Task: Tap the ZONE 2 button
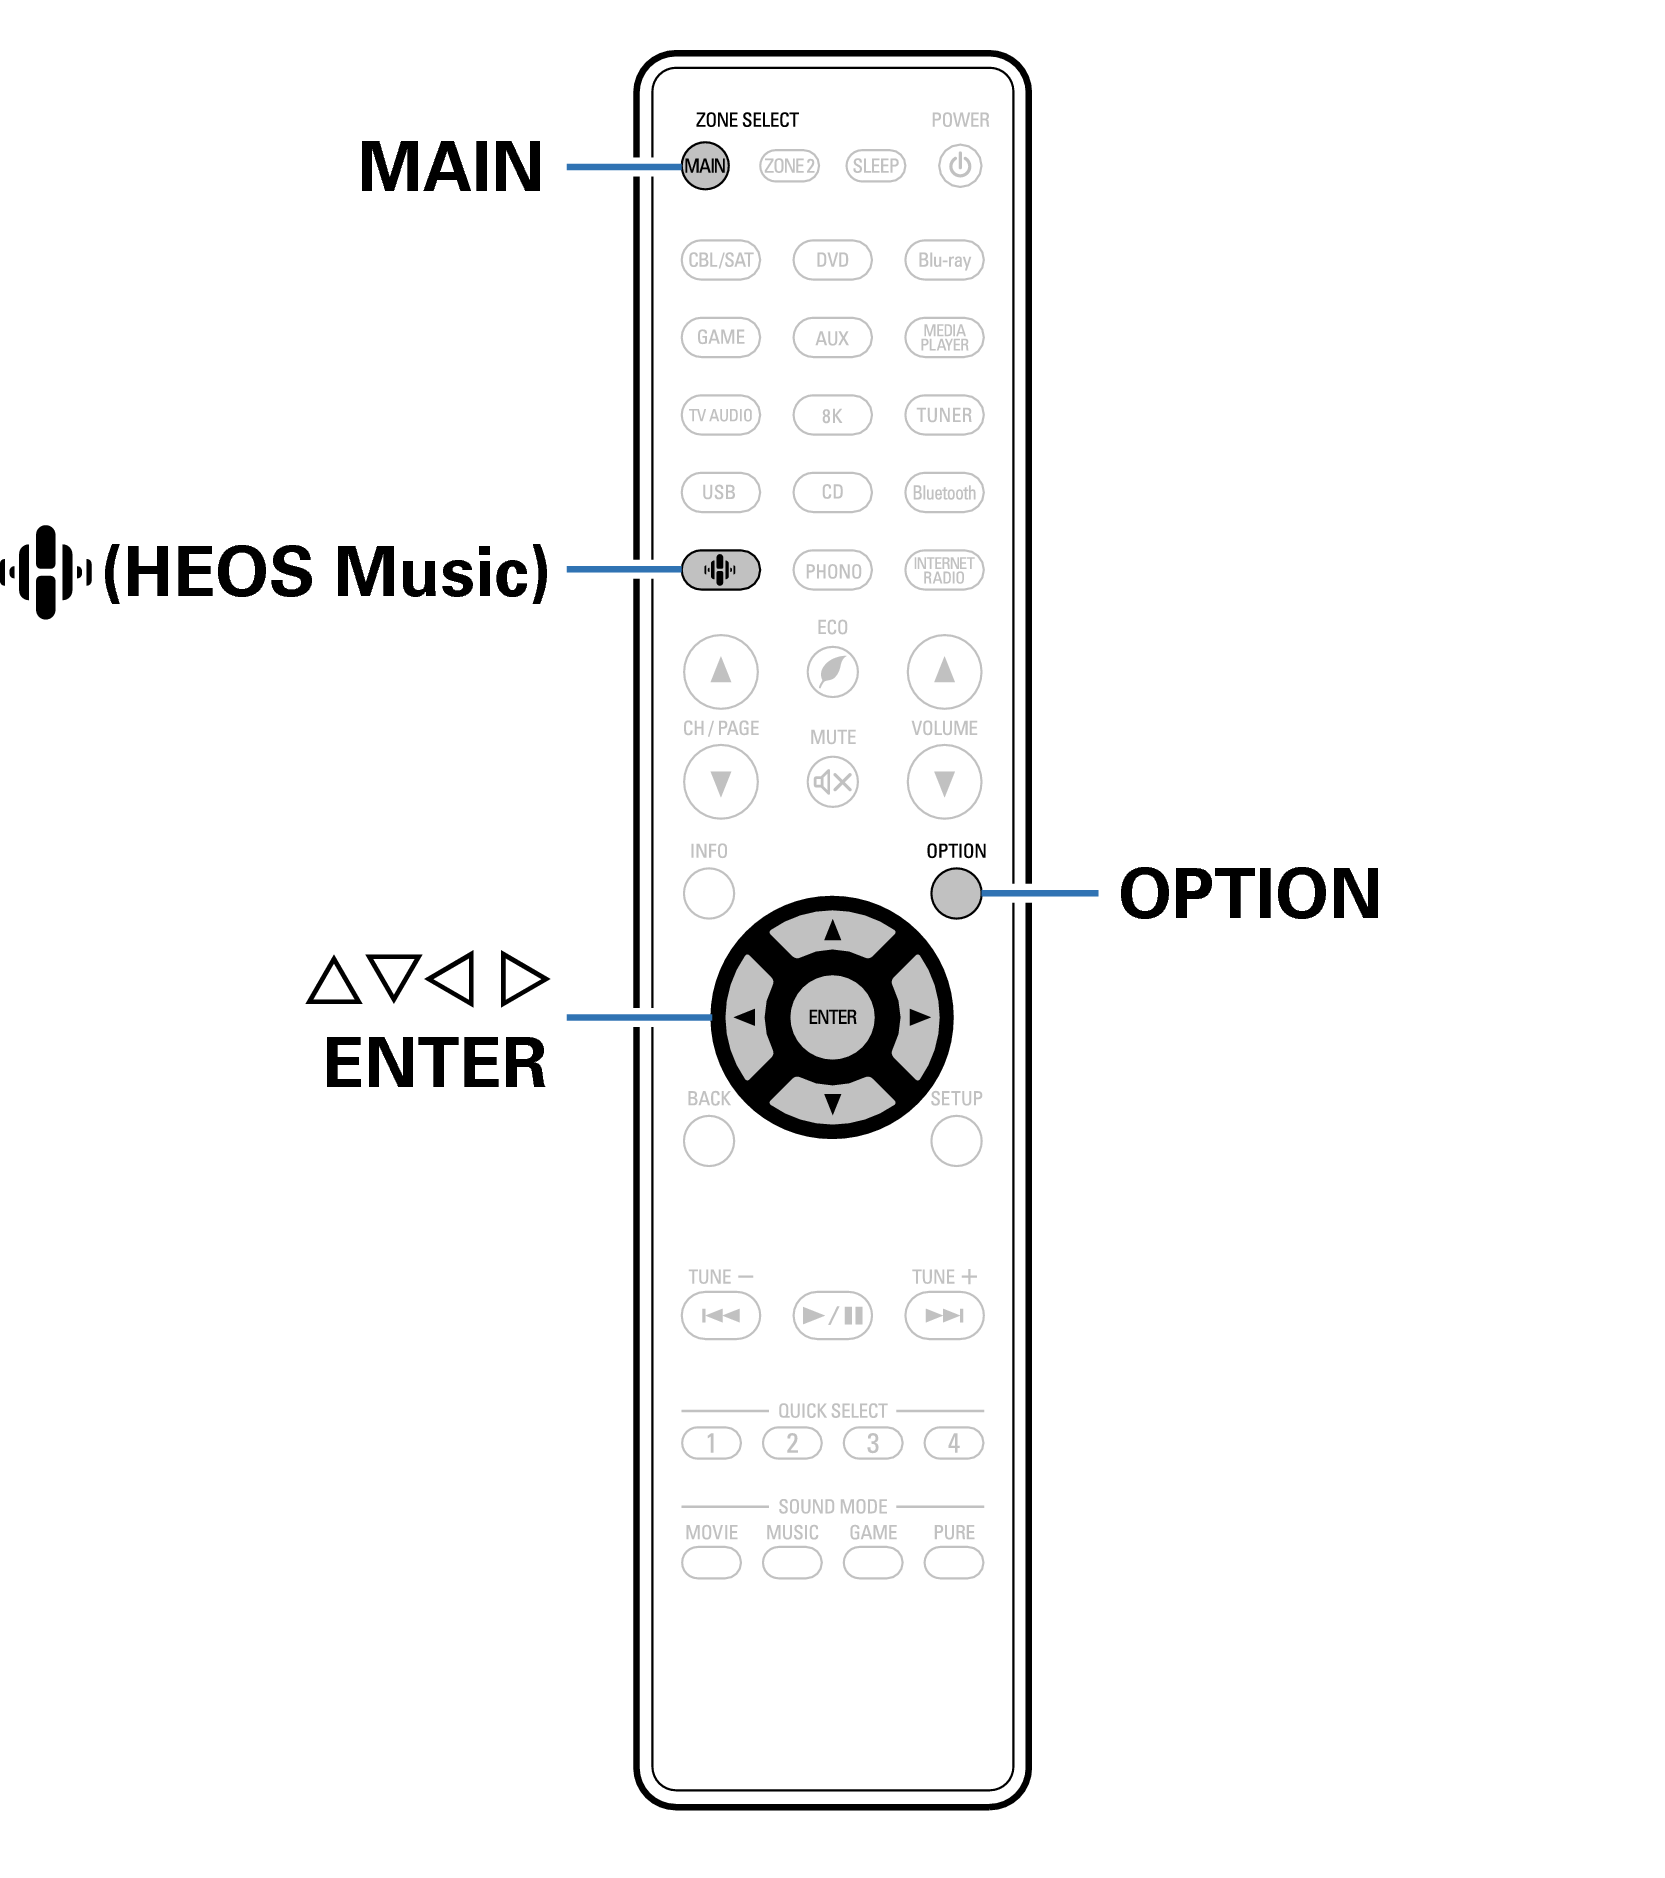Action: pos(789,166)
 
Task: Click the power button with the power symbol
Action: pos(959,166)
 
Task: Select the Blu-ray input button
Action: pos(944,260)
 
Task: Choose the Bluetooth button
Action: pos(944,493)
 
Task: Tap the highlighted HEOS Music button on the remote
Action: pos(720,570)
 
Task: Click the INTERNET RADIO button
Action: pos(944,570)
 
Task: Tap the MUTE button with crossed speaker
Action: pos(832,781)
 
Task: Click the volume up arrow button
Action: pos(944,671)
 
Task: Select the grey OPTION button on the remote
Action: pos(955,893)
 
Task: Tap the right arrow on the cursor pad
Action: pos(918,1018)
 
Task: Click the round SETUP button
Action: pos(955,1141)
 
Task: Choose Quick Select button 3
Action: pos(872,1443)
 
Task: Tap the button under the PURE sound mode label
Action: pos(953,1563)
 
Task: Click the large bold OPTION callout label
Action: pos(1249,893)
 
